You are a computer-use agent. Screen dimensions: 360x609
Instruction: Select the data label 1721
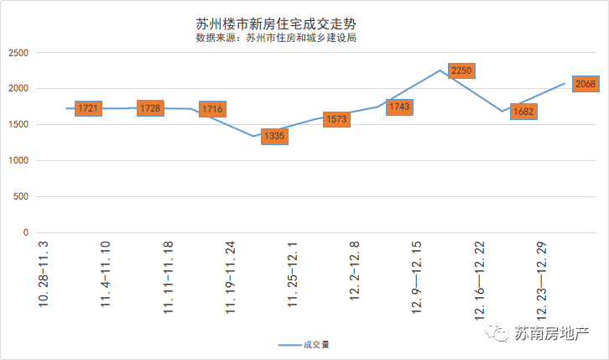pos(88,109)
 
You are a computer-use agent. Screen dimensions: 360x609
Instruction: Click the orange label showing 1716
pos(212,110)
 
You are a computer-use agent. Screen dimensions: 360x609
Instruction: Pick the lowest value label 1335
pos(274,136)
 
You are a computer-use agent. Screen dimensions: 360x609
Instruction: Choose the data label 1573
pos(336,120)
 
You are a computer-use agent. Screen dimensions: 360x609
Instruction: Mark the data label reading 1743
pos(399,107)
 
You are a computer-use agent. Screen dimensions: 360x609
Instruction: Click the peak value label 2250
pos(462,71)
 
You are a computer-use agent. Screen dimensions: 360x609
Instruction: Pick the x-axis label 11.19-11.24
pos(231,277)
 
